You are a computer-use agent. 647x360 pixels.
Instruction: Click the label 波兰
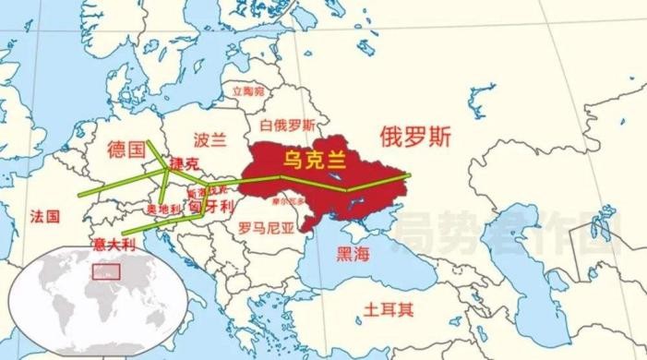pyautogui.click(x=210, y=140)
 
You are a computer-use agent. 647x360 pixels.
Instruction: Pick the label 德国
pyautogui.click(x=126, y=149)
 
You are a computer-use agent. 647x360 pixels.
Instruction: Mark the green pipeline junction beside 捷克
pyautogui.click(x=167, y=172)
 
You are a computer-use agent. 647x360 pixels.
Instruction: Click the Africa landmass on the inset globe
pyautogui.click(x=102, y=305)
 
